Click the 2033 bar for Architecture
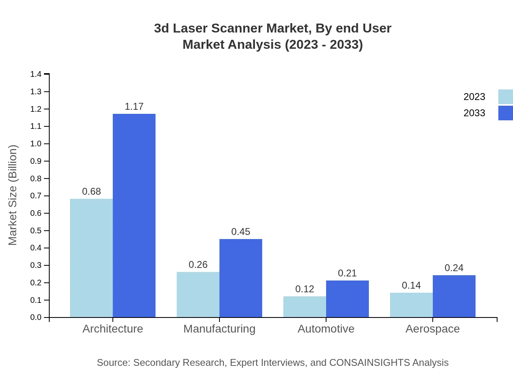134,215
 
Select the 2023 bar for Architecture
91,258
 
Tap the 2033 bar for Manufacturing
241,278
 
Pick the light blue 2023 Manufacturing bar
198,294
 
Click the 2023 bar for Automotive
305,307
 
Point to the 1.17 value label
134,107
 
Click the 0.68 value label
91,191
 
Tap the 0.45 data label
241,232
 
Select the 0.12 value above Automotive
305,289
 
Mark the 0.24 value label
454,268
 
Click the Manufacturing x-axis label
219,329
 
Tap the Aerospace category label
432,329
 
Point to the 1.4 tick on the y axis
36,74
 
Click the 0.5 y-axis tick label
36,230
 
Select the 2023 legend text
474,97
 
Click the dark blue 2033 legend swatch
505,113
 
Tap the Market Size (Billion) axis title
13,195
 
